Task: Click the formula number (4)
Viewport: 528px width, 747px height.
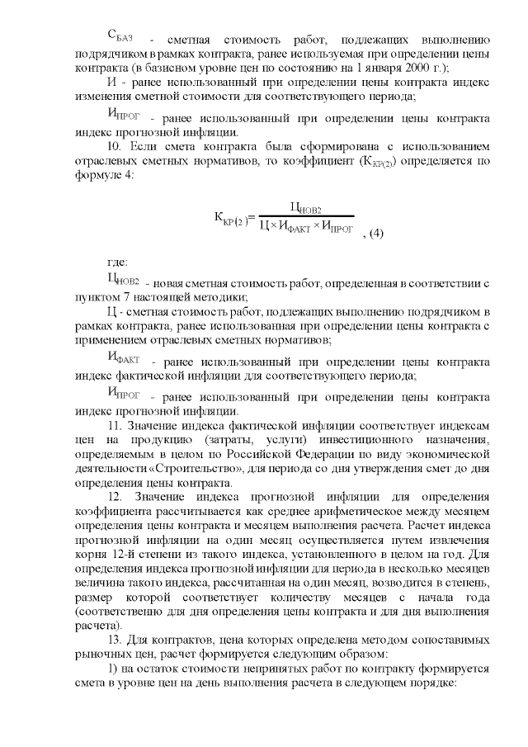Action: [374, 234]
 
